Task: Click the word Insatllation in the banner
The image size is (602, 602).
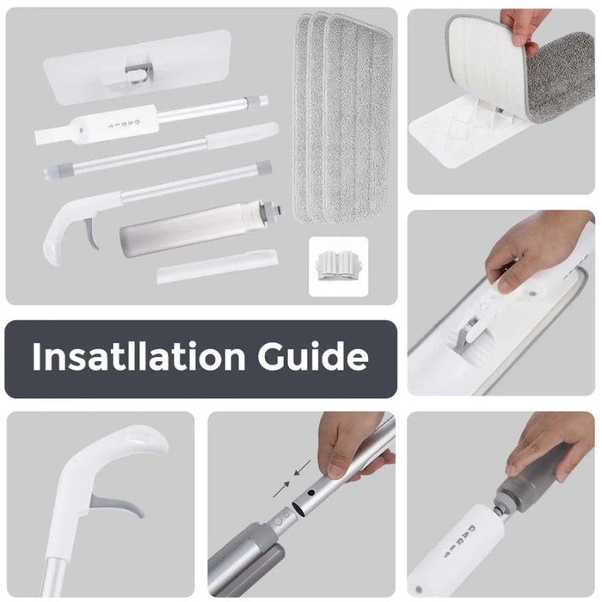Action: click(x=139, y=356)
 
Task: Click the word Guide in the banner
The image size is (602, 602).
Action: click(x=313, y=356)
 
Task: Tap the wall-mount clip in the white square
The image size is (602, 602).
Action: click(x=339, y=265)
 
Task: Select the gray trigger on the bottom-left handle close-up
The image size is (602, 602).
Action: click(x=117, y=506)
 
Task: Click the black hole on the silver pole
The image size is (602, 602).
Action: click(x=311, y=493)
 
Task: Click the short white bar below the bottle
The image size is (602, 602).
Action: click(x=218, y=267)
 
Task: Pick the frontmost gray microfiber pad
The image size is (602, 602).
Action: click(x=357, y=119)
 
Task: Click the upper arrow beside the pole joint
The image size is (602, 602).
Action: click(x=302, y=468)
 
